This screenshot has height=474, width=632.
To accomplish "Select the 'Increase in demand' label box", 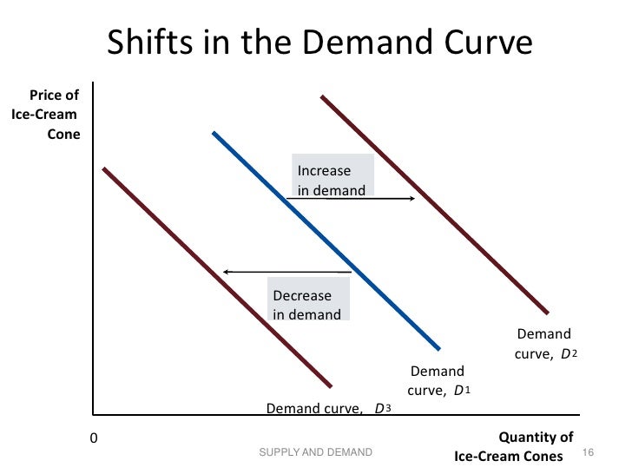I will point(331,180).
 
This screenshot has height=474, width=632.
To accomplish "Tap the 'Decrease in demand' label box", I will point(307,305).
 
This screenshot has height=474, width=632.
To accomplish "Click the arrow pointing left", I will point(286,273).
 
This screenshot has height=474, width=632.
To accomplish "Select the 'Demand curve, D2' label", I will point(546,344).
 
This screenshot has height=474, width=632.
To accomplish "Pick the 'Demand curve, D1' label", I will point(438,381).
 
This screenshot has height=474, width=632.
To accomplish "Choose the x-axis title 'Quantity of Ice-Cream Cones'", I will point(513,446).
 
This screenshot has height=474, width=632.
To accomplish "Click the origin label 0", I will point(95,438).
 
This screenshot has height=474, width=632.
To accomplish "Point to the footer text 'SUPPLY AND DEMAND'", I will point(316,452).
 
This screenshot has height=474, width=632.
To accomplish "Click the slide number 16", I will point(586,452).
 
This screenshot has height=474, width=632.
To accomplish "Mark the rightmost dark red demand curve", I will point(434,204).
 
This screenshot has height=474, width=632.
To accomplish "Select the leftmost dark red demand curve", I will point(217,277).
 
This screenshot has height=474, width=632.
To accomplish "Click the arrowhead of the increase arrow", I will point(411,199).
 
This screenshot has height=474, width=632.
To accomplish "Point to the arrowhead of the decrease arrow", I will point(227,273).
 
